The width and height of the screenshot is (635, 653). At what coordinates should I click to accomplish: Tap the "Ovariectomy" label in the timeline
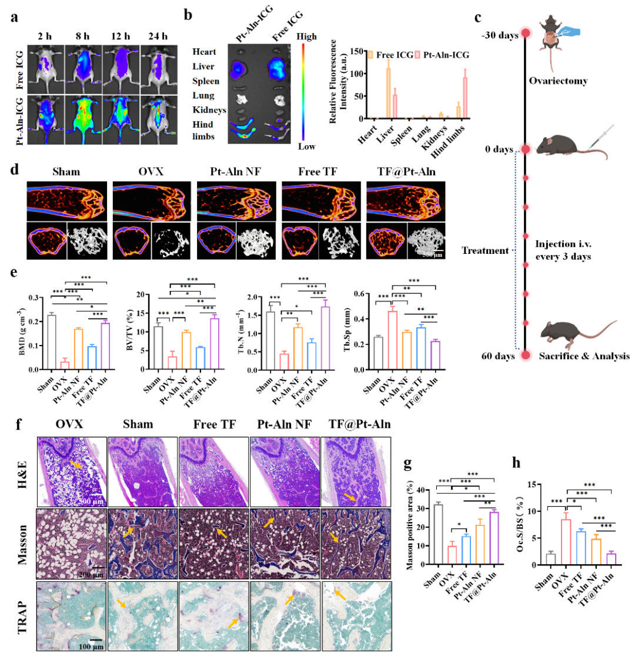(x=561, y=81)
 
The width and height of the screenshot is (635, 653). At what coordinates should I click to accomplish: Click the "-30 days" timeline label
(x=499, y=35)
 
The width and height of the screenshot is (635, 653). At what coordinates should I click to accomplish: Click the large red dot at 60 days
(x=526, y=355)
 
